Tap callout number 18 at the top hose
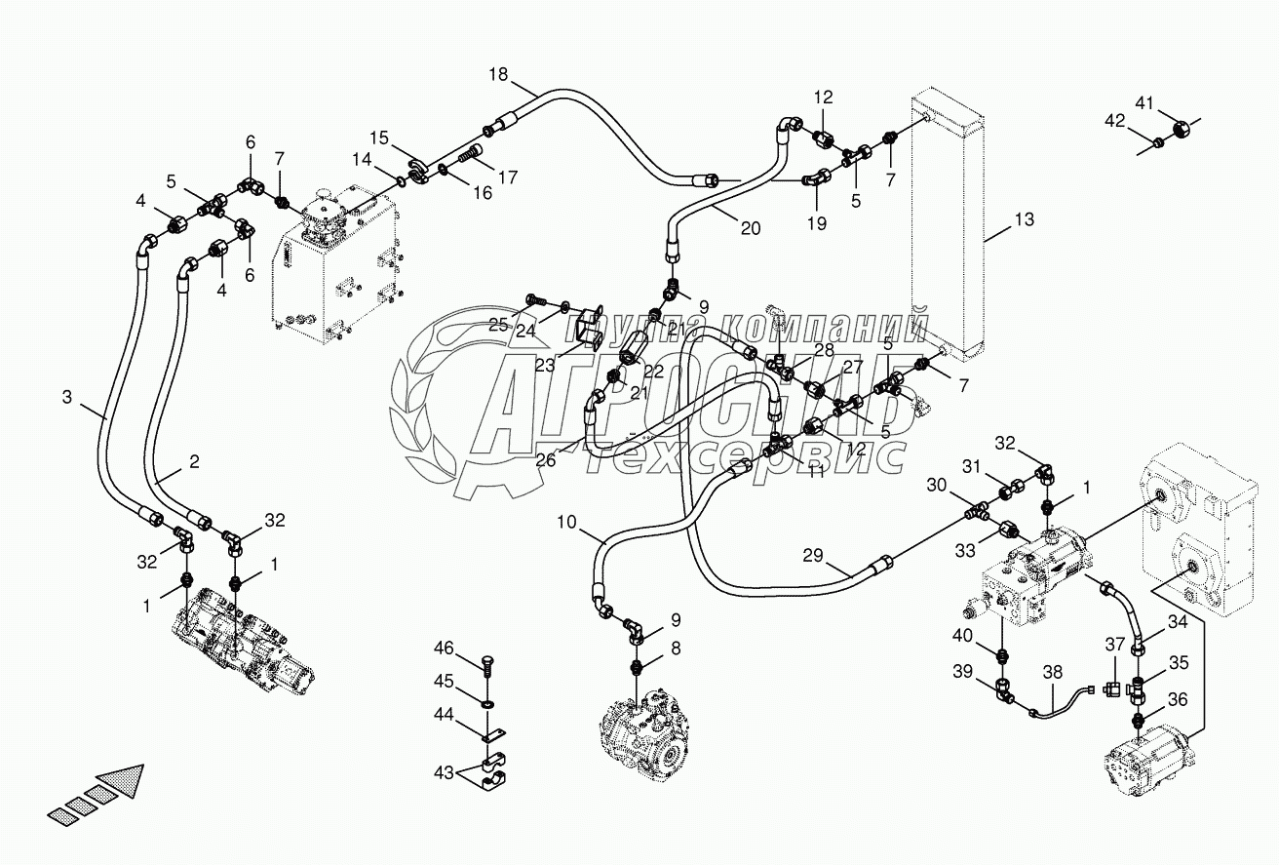498,74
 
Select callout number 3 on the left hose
66,397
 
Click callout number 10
566,523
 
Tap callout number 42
1115,121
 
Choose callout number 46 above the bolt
445,648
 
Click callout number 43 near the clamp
445,772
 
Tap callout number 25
498,325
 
